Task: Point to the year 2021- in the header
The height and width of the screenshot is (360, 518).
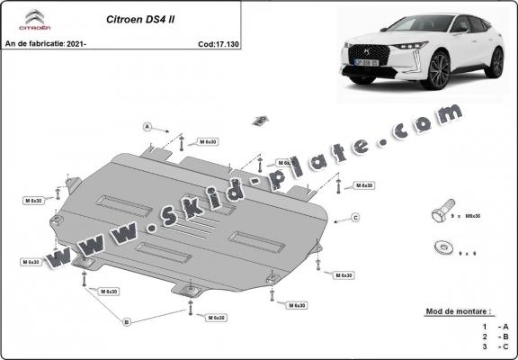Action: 78,43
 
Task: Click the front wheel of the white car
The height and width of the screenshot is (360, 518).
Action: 439,70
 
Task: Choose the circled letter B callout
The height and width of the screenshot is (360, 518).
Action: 127,321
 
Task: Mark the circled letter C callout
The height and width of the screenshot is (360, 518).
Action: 355,217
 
